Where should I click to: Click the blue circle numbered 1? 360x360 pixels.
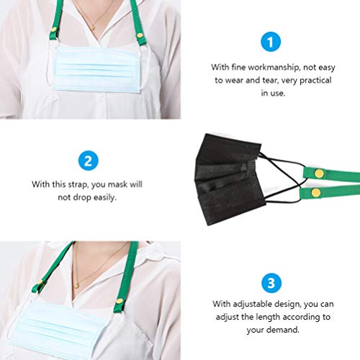(270, 42)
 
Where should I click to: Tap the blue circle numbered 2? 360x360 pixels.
(87, 159)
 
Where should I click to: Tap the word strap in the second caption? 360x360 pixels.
(73, 184)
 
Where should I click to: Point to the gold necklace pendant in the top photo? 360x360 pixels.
(91, 28)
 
